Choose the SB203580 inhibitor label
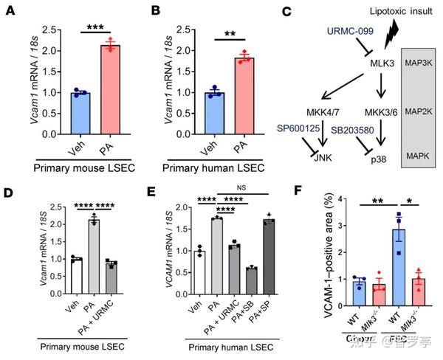click(x=356, y=129)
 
